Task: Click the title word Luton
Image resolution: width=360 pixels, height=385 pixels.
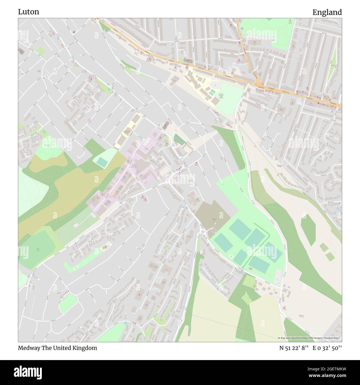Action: click(29, 12)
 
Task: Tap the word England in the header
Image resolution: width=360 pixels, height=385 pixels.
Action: click(327, 12)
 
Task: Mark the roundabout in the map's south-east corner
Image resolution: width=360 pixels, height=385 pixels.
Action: click(282, 315)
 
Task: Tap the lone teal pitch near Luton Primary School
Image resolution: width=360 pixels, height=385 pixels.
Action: click(102, 162)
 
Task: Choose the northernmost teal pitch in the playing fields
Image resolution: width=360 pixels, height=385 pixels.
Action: click(240, 229)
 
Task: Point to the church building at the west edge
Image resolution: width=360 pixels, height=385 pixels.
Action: click(21, 51)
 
